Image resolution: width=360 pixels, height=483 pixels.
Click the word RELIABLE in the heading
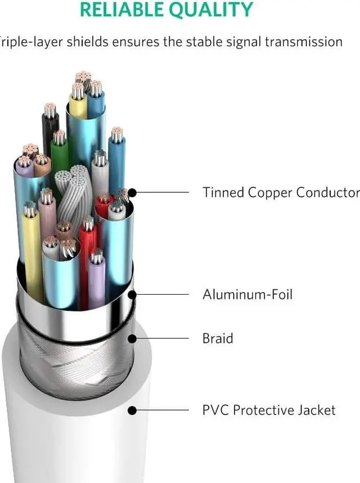[x=117, y=10]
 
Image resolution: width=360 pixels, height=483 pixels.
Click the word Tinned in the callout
[x=222, y=192]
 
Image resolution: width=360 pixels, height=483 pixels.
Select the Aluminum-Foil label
[x=247, y=294]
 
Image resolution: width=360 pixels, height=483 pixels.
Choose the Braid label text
[x=218, y=338]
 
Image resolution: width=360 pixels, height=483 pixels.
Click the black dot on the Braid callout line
[x=132, y=338]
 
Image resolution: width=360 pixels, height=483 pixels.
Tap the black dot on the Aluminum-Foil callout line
[x=132, y=294]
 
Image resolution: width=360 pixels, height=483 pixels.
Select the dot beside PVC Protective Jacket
[x=132, y=410]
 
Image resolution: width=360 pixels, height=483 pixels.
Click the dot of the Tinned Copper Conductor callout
[x=132, y=192]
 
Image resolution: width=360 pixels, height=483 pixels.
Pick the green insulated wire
[x=60, y=155]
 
